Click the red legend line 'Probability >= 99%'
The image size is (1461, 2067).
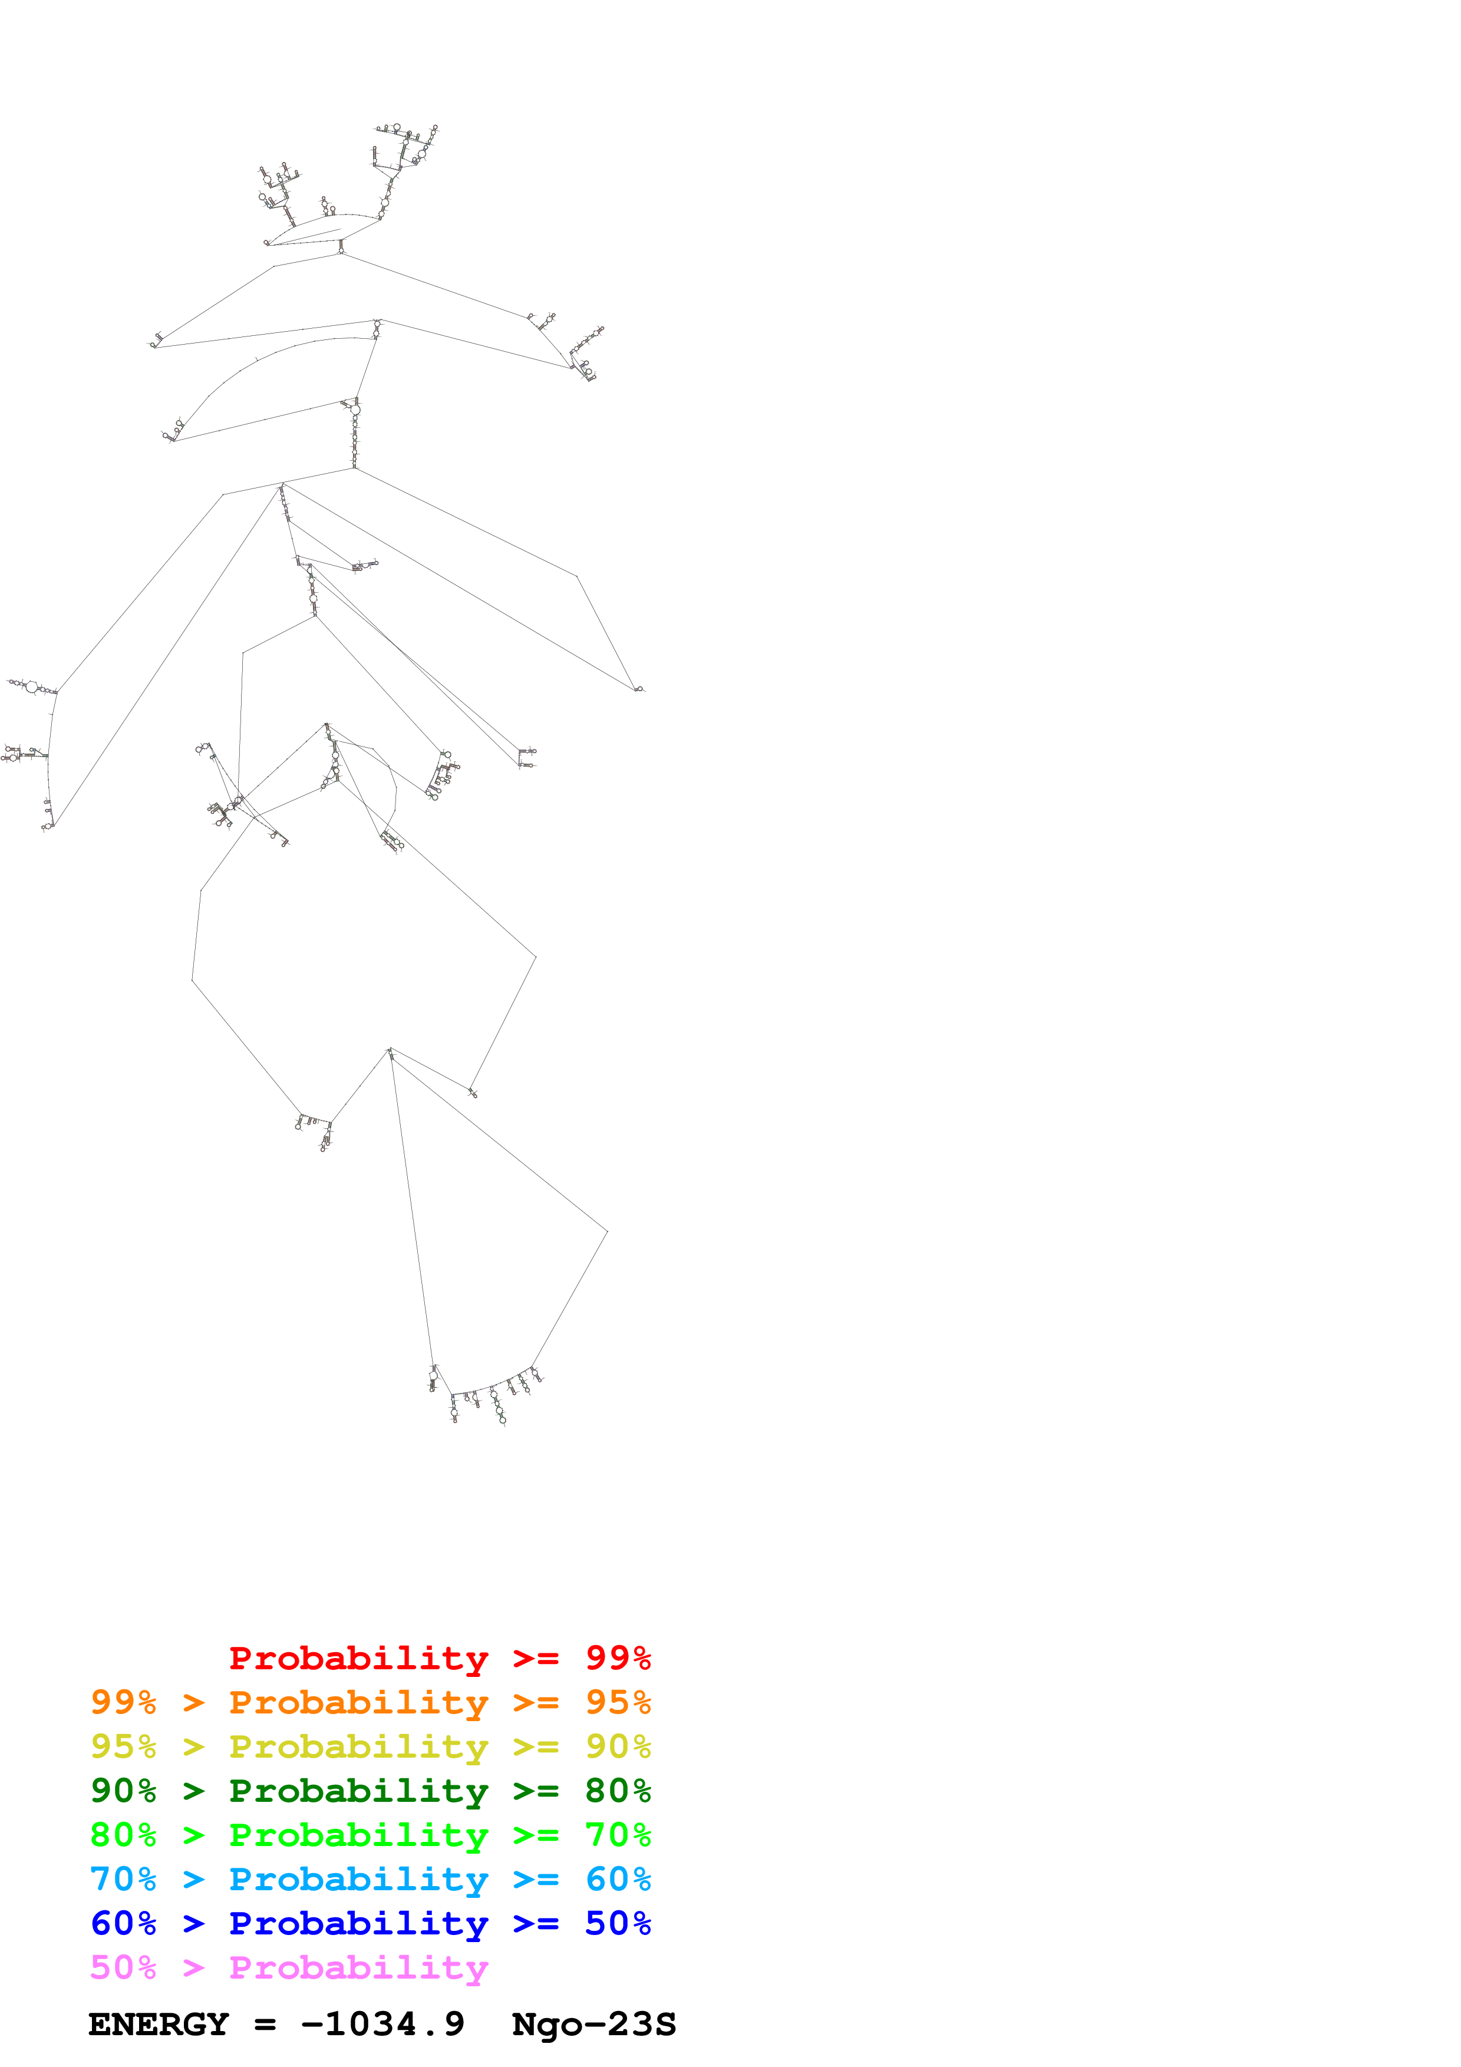point(439,1658)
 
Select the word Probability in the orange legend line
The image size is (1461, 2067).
point(358,1702)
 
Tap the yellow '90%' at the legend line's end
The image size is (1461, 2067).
point(618,1746)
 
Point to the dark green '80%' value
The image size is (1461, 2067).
point(618,1791)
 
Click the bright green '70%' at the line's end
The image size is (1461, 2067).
point(618,1835)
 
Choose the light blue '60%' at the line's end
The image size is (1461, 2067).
point(618,1879)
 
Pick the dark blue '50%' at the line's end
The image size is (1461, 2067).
point(618,1923)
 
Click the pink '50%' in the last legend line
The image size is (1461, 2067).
point(123,1967)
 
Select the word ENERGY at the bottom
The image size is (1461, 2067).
point(159,2024)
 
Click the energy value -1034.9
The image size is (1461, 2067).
point(382,2024)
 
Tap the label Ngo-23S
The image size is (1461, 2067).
point(593,2024)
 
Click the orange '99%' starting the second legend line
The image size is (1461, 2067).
point(123,1702)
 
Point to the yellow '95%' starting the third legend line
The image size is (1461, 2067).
point(123,1746)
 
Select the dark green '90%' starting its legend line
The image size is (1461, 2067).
point(123,1791)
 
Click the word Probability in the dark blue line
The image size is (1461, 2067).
point(358,1924)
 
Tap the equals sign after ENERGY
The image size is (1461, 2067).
point(265,2025)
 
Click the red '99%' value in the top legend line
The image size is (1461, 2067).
point(618,1658)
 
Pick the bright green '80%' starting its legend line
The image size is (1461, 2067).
point(123,1835)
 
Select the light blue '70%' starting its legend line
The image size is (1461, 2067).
point(123,1879)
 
